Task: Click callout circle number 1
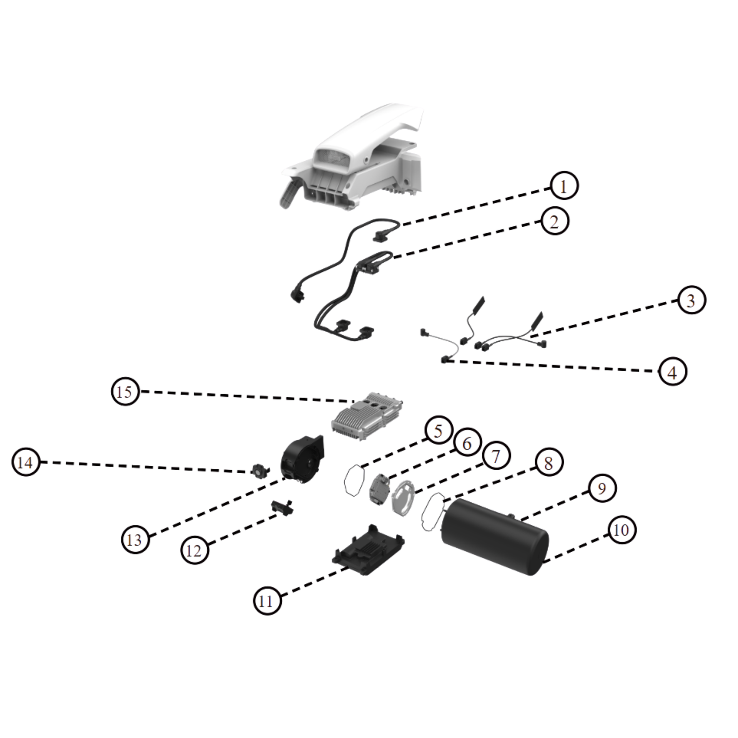pyautogui.click(x=563, y=186)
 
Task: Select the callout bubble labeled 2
pyautogui.click(x=554, y=221)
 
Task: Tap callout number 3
pyautogui.click(x=691, y=300)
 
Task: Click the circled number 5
pyautogui.click(x=439, y=431)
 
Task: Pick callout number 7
pyautogui.click(x=496, y=456)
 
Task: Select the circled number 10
pyautogui.click(x=621, y=530)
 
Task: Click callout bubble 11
pyautogui.click(x=267, y=601)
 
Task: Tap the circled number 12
pyautogui.click(x=194, y=551)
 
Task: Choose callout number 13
pyautogui.click(x=135, y=540)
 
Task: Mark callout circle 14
pyautogui.click(x=26, y=462)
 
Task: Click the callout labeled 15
pyautogui.click(x=125, y=392)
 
